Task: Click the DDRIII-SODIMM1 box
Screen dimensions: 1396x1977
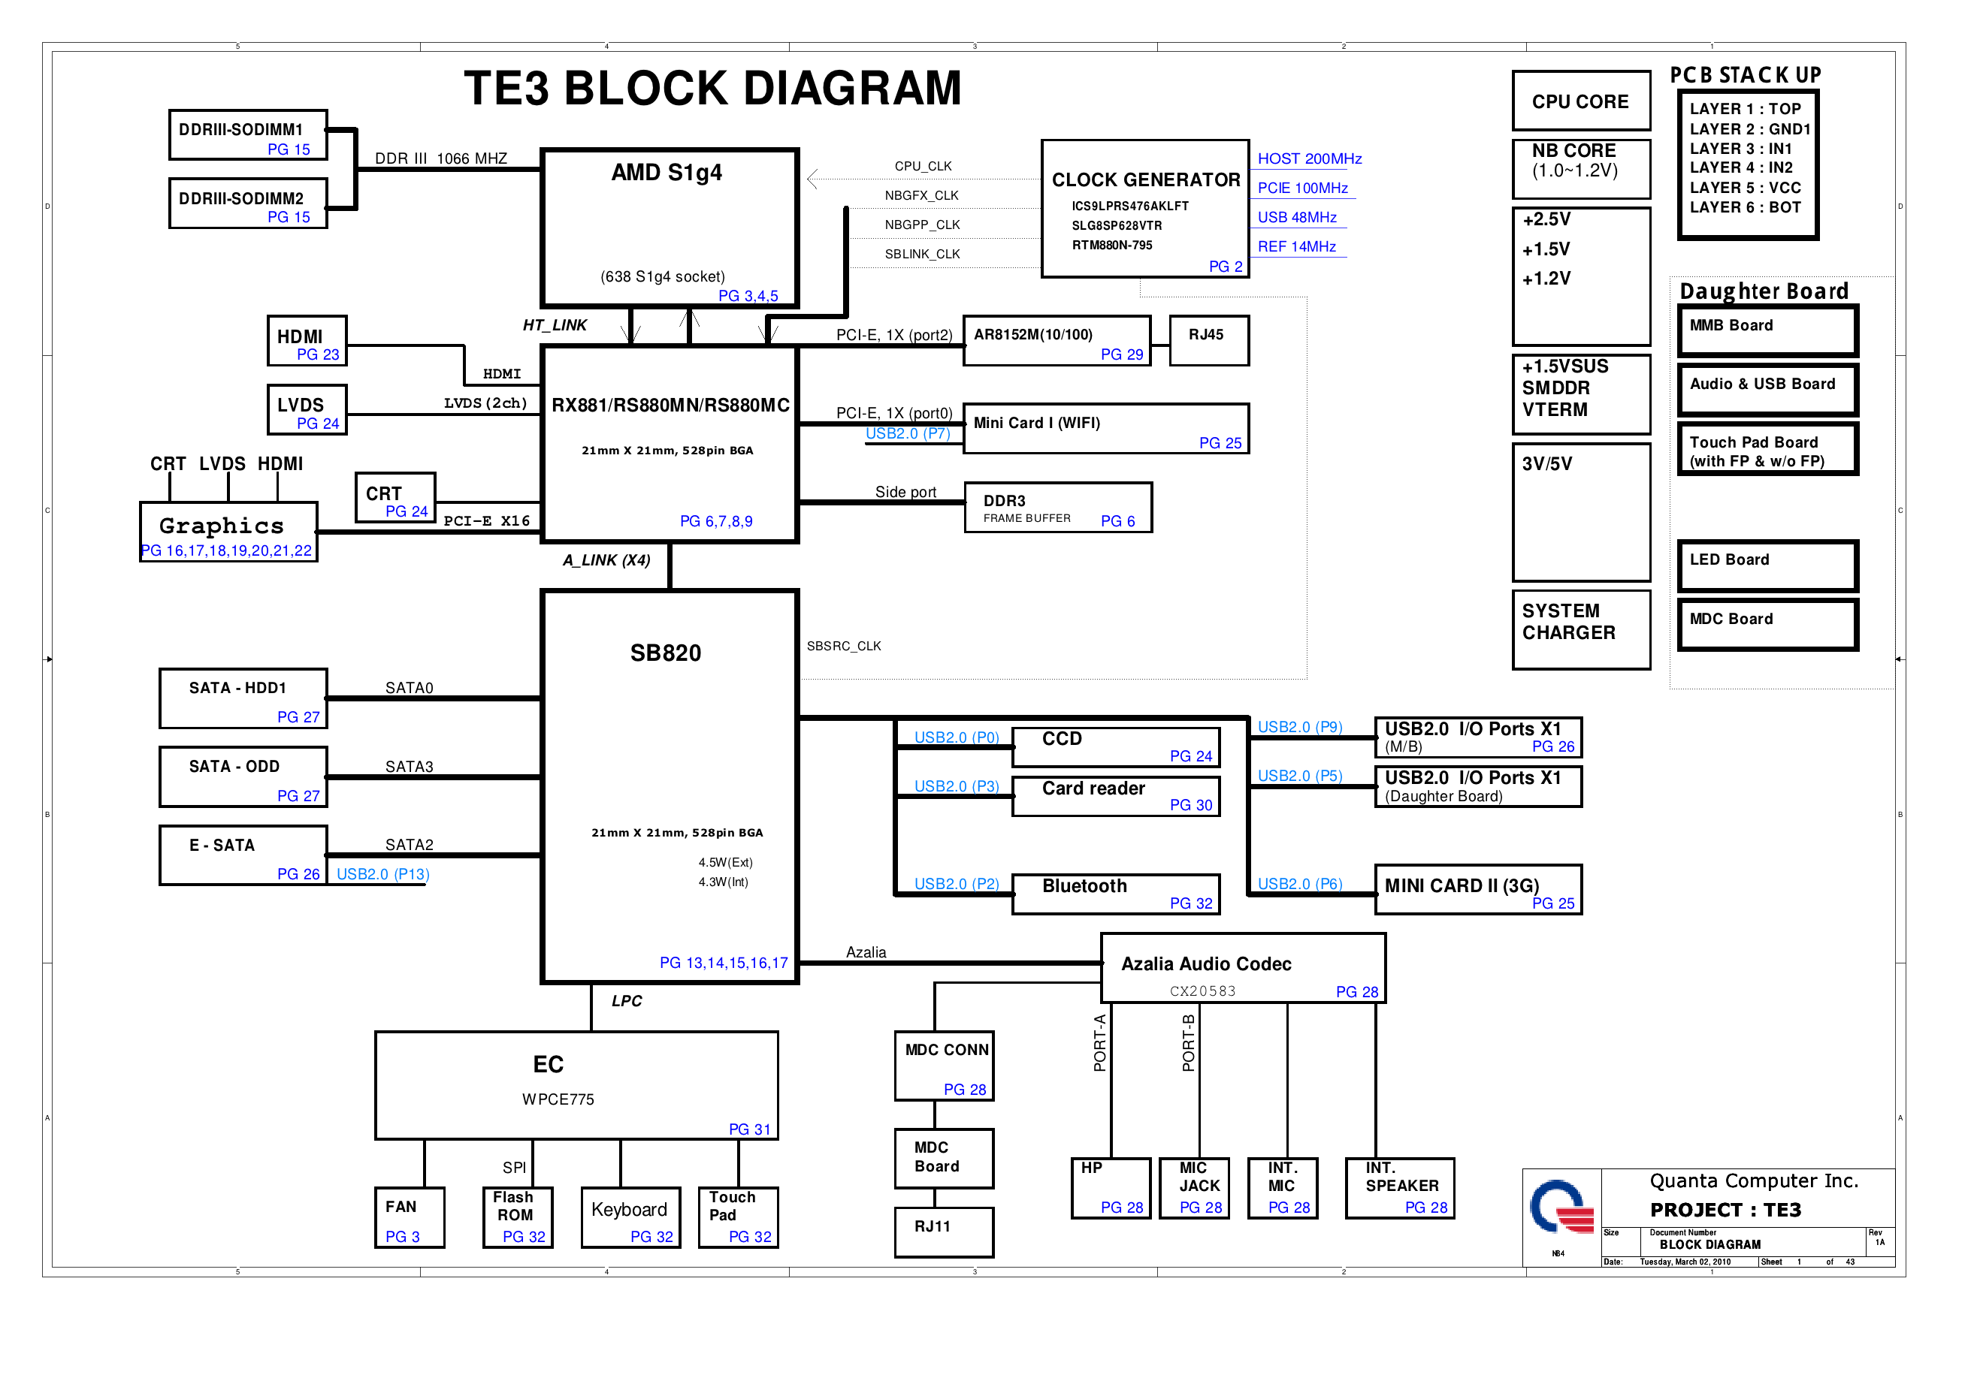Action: point(248,135)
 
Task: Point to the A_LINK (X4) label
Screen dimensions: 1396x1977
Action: point(606,560)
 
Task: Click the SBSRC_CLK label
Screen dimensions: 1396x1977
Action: point(843,647)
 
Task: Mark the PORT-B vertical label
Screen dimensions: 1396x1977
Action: point(1188,1042)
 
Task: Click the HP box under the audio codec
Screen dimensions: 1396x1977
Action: point(1111,1188)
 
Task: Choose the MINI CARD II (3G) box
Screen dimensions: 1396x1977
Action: point(1477,889)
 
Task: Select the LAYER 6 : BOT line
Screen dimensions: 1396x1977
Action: point(1745,207)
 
